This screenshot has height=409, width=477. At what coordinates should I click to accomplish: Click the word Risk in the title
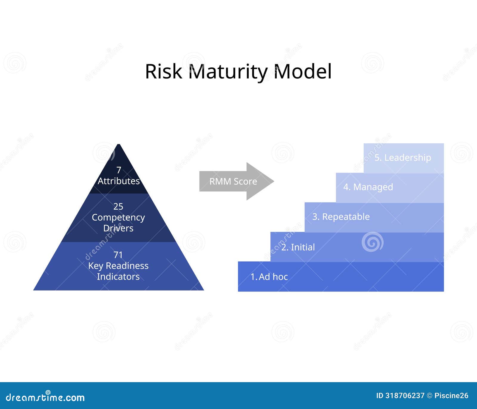click(163, 71)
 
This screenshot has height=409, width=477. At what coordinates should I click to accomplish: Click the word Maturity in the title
click(228, 72)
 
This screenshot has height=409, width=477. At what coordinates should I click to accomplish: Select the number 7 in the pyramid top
click(119, 170)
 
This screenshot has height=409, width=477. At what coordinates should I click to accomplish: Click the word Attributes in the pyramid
click(119, 181)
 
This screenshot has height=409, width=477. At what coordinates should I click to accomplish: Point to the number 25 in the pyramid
click(118, 206)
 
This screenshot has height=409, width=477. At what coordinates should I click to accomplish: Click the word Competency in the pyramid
click(118, 217)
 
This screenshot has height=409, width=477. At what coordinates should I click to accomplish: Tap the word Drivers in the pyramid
click(118, 228)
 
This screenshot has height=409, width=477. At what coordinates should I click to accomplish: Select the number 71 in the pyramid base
click(118, 255)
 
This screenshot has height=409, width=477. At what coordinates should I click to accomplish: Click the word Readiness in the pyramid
click(127, 266)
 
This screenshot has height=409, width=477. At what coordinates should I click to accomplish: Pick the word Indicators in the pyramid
click(118, 276)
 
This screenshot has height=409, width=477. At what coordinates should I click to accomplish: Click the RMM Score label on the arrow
click(233, 181)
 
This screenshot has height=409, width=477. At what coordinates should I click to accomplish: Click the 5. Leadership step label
click(402, 158)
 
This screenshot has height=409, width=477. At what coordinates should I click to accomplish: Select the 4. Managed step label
click(368, 187)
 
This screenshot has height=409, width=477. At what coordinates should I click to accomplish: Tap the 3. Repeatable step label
click(341, 217)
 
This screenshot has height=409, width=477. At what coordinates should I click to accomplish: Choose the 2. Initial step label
click(298, 247)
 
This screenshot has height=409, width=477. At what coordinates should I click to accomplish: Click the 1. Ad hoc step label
click(269, 277)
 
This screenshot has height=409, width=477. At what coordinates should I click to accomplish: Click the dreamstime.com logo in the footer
click(45, 397)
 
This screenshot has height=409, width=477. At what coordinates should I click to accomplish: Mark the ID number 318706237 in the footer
click(405, 396)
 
